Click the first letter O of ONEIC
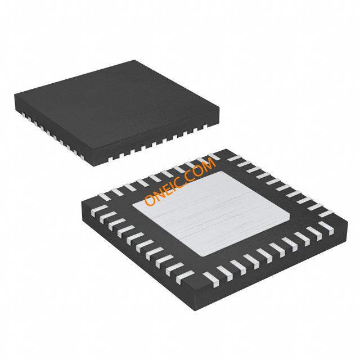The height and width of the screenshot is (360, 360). (x=150, y=200)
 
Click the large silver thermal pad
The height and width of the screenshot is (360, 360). (x=211, y=214)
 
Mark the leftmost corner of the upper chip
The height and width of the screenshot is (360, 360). (x=15, y=94)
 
